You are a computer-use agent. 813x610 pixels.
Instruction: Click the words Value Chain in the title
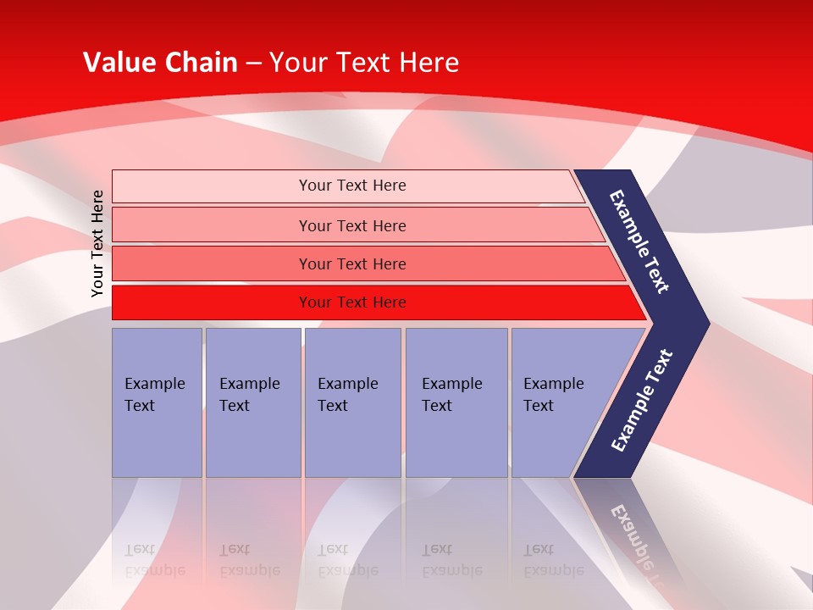(160, 63)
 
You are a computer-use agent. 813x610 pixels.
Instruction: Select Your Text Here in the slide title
(364, 63)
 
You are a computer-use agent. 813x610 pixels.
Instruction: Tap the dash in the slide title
(253, 64)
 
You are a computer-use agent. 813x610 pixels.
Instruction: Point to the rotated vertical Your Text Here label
(97, 243)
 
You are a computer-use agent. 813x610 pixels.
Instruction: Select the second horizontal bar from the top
(351, 225)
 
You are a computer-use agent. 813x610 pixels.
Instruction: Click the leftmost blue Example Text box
(157, 402)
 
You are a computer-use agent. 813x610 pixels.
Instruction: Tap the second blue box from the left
(252, 402)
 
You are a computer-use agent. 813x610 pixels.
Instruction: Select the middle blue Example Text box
(352, 402)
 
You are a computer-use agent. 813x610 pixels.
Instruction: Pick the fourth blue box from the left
(456, 402)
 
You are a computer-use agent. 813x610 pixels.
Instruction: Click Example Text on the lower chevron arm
(642, 400)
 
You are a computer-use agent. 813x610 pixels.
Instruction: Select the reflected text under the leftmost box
(154, 560)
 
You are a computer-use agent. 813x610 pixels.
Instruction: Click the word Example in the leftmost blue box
(154, 384)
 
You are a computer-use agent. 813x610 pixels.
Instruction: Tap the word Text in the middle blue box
(332, 406)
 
